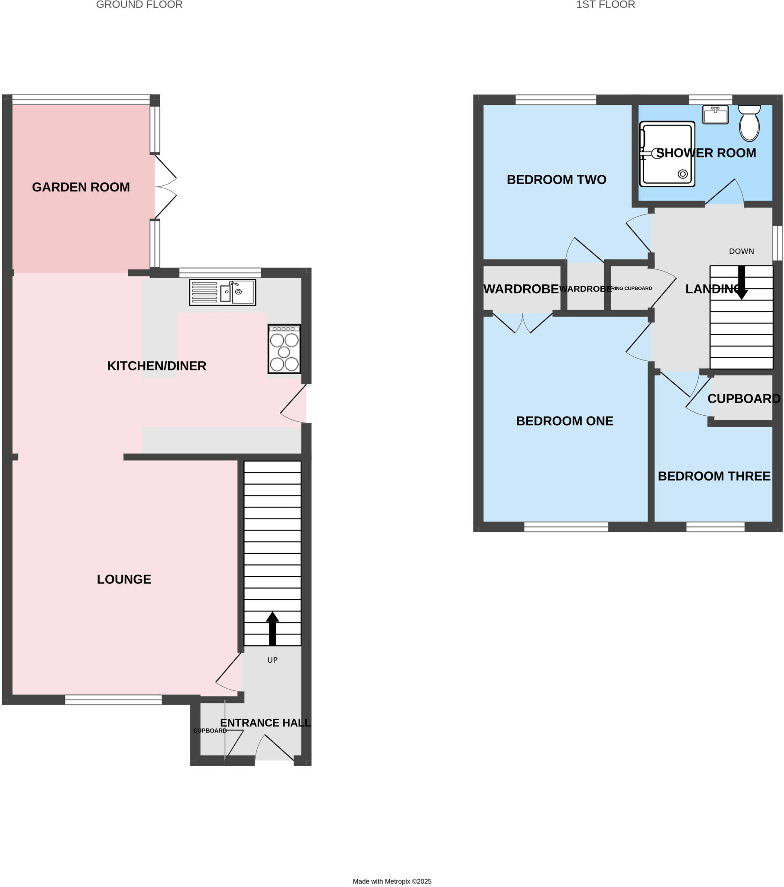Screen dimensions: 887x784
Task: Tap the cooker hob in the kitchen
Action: tap(284, 349)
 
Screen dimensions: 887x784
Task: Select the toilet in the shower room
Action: tap(749, 123)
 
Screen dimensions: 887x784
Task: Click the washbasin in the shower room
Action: tap(715, 115)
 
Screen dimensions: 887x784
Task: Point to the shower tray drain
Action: tap(682, 174)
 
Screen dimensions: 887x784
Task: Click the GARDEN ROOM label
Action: tap(81, 187)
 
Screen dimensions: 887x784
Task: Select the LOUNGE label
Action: tap(124, 579)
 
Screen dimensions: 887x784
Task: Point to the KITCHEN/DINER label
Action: tap(157, 366)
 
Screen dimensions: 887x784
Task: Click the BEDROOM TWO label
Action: tap(556, 180)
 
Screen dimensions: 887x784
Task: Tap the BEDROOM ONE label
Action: tap(564, 421)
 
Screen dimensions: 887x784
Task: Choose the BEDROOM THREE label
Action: tap(714, 476)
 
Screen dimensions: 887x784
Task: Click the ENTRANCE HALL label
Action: tap(265, 723)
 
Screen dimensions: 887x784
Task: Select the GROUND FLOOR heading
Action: tap(139, 5)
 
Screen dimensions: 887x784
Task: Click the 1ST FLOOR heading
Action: tap(605, 5)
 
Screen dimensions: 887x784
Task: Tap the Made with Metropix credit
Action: tap(392, 881)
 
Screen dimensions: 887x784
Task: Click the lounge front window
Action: tap(113, 699)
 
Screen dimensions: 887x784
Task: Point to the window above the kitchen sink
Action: tap(220, 272)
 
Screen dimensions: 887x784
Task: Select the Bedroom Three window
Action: tap(716, 527)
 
